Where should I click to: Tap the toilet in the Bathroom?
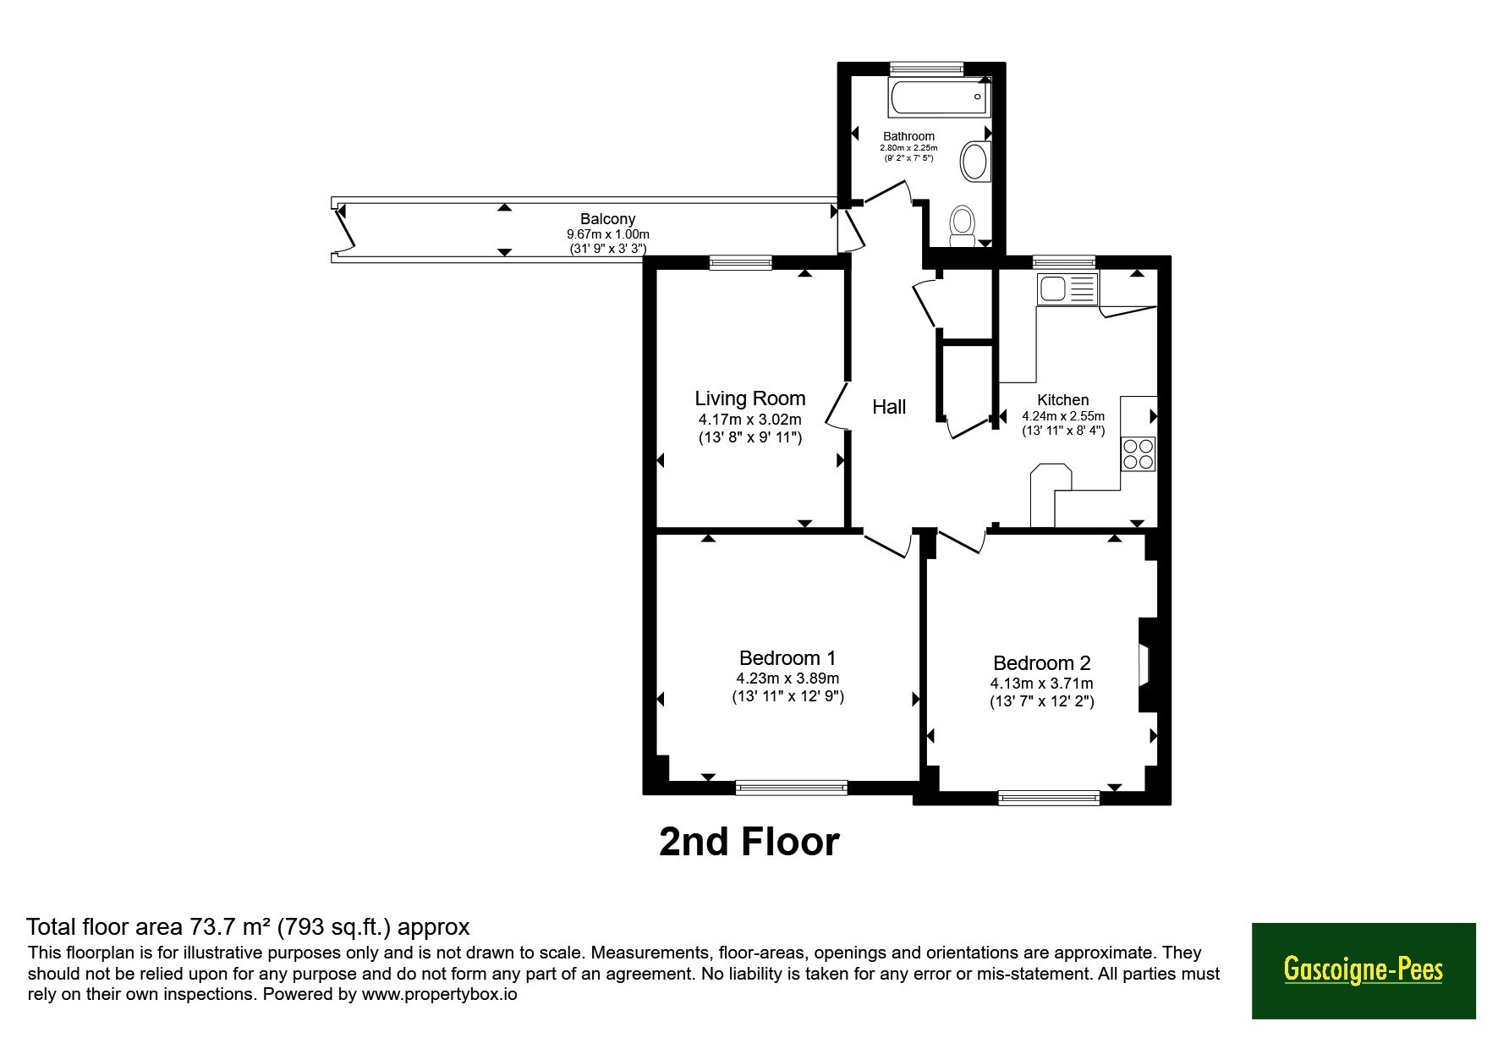962,227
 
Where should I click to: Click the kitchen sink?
1067,288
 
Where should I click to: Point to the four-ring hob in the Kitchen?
1138,453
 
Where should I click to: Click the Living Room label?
749,398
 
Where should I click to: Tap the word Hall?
889,407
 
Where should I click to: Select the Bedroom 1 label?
787,657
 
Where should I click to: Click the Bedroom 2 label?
1042,663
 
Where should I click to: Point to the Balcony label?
607,219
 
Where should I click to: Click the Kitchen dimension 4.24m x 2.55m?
1063,416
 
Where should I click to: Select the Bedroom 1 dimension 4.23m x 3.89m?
787,678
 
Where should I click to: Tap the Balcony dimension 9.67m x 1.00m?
608,234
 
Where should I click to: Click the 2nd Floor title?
749,842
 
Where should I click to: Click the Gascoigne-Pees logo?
1364,970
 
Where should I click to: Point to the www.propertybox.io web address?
439,994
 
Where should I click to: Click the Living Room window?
741,262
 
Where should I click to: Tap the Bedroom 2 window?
1049,797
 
